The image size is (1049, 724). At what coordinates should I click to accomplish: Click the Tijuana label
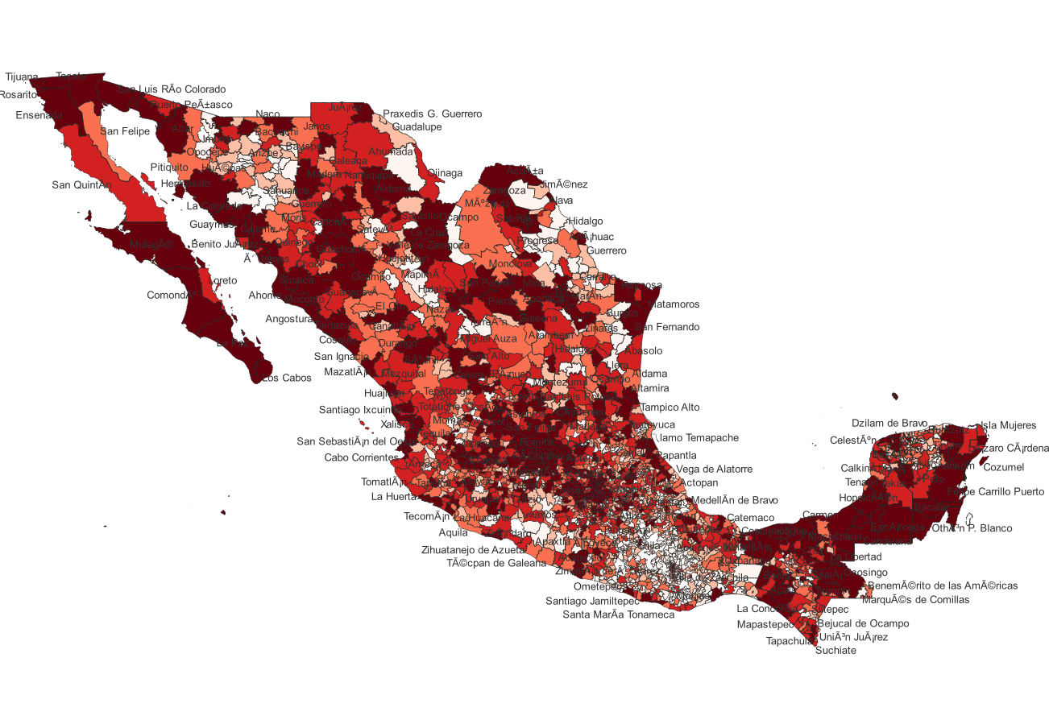pyautogui.click(x=22, y=77)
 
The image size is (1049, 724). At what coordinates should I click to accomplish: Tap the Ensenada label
pyautogui.click(x=39, y=115)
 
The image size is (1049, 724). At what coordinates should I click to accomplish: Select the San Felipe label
pyautogui.click(x=125, y=131)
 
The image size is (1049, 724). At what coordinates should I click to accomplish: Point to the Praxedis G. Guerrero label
pyautogui.click(x=432, y=114)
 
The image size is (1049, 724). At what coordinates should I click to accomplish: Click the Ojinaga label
pyautogui.click(x=445, y=172)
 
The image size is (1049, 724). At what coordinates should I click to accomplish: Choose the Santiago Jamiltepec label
pyautogui.click(x=592, y=601)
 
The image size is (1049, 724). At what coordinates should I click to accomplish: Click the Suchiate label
pyautogui.click(x=835, y=650)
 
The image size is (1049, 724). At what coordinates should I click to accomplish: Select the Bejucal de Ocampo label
pyautogui.click(x=863, y=623)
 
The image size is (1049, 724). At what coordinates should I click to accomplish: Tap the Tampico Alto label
pyautogui.click(x=670, y=407)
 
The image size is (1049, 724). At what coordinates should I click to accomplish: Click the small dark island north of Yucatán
pyautogui.click(x=895, y=395)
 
